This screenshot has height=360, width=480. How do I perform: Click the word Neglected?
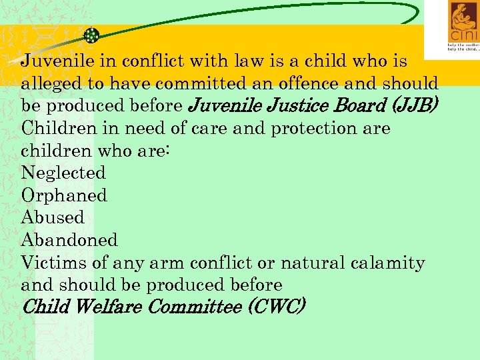click(63, 173)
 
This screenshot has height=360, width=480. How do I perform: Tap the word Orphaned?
click(64, 195)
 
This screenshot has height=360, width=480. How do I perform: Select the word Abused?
click(53, 217)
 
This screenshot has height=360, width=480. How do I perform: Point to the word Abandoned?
click(69, 240)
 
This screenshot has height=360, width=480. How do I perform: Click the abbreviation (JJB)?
click(413, 105)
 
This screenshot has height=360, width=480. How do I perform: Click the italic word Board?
click(359, 105)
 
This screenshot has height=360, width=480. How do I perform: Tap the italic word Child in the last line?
click(46, 307)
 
